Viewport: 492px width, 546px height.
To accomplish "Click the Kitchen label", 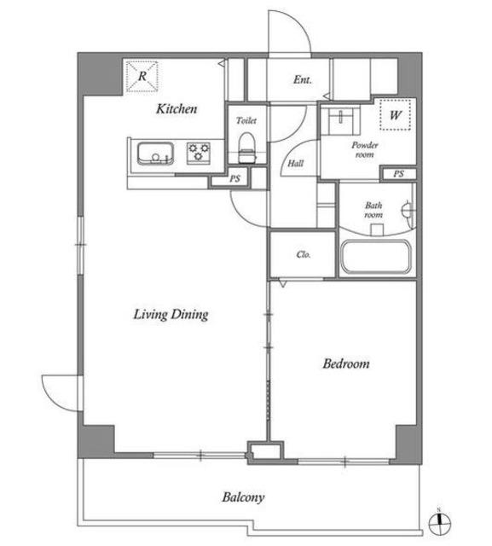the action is point(177,108).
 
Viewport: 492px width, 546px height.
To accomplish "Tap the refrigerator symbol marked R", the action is point(142,77).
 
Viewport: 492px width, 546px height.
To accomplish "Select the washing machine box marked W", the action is point(396,114).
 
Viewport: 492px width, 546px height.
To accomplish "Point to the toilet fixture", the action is point(247,148).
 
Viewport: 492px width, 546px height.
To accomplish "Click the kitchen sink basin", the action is point(155,154).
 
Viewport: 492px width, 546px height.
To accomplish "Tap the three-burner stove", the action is point(199,153).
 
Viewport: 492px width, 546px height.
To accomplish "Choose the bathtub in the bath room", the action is point(376,257).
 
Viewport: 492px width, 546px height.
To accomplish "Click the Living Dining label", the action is point(171,315).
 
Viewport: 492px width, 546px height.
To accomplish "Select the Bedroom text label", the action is point(346,363).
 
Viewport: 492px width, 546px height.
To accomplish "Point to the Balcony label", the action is point(243,497).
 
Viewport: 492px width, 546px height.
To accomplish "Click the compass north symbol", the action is point(439,523).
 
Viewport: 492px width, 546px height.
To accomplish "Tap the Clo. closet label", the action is point(304,254).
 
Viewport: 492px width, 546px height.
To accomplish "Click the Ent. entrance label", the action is point(303,79).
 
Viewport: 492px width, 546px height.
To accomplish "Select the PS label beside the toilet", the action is point(234,178).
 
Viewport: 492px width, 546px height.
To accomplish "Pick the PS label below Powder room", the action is point(398,174).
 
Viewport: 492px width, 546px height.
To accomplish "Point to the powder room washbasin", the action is point(340,120).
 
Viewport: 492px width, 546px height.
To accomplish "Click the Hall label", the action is point(295,163).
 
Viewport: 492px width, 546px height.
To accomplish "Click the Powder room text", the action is point(365,150).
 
